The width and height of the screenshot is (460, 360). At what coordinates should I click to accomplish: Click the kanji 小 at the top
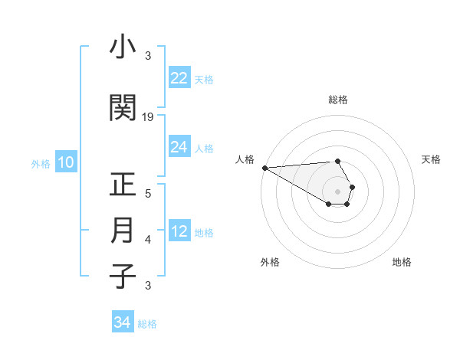[x=123, y=48]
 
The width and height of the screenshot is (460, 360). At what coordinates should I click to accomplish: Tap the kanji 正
[x=123, y=185]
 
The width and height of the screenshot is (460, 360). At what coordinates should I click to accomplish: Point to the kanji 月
[x=123, y=231]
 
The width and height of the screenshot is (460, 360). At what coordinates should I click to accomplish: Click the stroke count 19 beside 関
[x=148, y=117]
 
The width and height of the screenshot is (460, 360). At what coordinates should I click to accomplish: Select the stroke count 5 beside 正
[x=148, y=194]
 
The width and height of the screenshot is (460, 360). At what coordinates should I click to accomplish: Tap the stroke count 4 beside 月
[x=148, y=240]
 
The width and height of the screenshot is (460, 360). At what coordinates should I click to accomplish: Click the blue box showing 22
[x=179, y=78]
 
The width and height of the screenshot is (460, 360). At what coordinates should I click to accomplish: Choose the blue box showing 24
[x=179, y=147]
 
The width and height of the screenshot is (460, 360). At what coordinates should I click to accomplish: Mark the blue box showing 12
[x=179, y=231]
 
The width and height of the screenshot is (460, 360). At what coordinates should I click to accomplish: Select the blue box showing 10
[x=66, y=162]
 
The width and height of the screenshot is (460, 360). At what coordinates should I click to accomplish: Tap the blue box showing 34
[x=123, y=322]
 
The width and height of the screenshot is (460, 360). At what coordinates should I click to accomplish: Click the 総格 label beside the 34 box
[x=147, y=324]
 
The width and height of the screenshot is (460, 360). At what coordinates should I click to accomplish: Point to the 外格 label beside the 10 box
[x=41, y=163]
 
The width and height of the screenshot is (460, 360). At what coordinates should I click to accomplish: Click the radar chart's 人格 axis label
[x=245, y=159]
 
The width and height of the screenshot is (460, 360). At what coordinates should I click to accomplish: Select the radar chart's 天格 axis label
[x=431, y=159]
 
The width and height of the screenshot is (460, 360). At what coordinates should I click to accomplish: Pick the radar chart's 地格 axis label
[x=402, y=262]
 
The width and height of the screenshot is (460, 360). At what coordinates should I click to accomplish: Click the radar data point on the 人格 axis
[x=264, y=168]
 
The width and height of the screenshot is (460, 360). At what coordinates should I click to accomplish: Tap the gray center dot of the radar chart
[x=338, y=191]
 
